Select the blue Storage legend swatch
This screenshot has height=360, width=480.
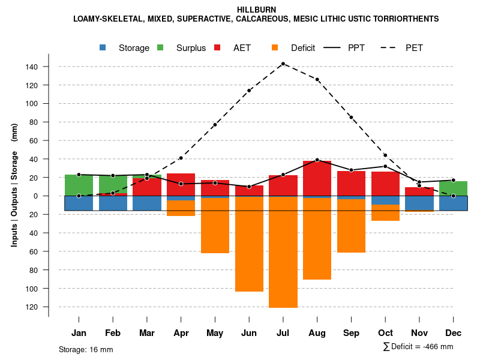click(x=103, y=47)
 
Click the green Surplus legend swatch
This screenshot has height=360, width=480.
click(x=160, y=47)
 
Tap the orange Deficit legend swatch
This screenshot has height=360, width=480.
click(x=275, y=47)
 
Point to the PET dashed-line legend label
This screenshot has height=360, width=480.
click(x=414, y=48)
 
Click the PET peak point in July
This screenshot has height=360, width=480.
click(x=283, y=64)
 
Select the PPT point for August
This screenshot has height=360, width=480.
click(x=317, y=160)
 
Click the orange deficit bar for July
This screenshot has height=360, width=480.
click(x=283, y=252)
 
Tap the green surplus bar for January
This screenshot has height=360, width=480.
click(x=79, y=185)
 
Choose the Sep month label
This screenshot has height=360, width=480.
click(x=352, y=333)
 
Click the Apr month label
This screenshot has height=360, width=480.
click(x=181, y=333)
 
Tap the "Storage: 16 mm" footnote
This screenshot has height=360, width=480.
click(x=86, y=349)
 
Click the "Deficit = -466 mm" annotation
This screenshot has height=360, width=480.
click(x=418, y=347)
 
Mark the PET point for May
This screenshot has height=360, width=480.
click(x=215, y=125)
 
